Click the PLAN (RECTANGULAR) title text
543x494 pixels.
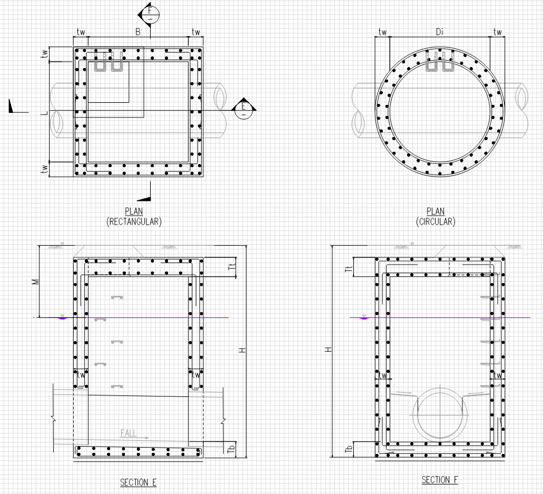pos(134,217)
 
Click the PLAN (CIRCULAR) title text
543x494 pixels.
pos(436,217)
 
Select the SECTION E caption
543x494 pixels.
pos(138,482)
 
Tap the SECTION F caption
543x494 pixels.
pos(439,480)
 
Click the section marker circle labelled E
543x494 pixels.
pos(243,109)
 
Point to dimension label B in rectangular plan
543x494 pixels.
pos(137,32)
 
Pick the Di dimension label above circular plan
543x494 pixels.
pos(440,32)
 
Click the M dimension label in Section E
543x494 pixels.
pos(35,282)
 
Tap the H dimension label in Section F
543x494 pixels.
pos(328,350)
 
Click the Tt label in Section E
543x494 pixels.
pos(231,267)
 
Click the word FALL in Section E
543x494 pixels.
pos(129,433)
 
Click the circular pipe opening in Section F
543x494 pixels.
pos(440,414)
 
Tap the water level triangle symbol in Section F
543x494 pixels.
pos(363,317)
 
